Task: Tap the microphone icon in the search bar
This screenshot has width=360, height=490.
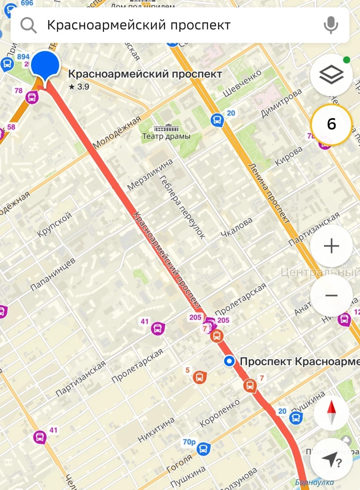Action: [330, 25]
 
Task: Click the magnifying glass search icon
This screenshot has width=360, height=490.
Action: [28, 25]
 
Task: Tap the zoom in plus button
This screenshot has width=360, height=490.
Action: [331, 246]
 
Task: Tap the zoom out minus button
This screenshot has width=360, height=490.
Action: [331, 295]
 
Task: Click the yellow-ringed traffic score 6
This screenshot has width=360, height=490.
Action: [331, 124]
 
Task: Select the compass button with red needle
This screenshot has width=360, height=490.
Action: [331, 413]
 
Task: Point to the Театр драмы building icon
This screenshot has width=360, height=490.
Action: [166, 129]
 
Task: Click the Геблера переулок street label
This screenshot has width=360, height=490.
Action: [182, 207]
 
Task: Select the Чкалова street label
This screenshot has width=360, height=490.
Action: [237, 228]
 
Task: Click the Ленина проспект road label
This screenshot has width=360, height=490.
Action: [269, 193]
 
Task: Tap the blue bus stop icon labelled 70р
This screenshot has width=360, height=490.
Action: [204, 448]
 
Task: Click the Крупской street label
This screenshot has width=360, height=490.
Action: [55, 224]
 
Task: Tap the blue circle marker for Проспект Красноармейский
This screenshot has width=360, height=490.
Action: [229, 362]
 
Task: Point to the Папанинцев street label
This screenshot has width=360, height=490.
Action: [53, 274]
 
